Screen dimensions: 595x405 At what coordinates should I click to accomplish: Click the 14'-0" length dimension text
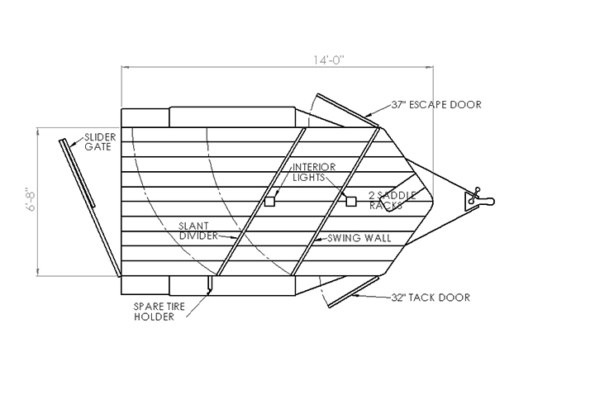click(x=329, y=60)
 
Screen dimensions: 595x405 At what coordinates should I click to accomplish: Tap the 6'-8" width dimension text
click(x=31, y=199)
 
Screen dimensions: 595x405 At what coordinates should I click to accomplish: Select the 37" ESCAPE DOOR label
click(x=436, y=105)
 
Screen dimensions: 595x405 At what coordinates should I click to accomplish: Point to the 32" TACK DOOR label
click(x=431, y=298)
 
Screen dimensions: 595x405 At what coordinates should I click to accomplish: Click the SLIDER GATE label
click(x=100, y=142)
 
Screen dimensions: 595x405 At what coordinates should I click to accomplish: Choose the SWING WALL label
click(x=359, y=238)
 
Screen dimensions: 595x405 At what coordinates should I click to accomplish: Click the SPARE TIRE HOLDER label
click(x=159, y=312)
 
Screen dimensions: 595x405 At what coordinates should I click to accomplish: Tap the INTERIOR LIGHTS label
click(x=314, y=172)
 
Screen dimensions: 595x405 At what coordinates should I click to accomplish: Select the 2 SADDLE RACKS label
click(x=393, y=200)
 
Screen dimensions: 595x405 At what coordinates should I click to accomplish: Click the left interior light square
click(x=269, y=201)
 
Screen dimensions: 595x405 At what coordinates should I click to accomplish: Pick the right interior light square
click(x=351, y=201)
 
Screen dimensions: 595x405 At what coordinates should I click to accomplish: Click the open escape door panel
click(x=348, y=110)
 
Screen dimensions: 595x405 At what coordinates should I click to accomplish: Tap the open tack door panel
click(x=354, y=292)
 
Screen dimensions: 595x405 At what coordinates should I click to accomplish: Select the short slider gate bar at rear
click(x=77, y=173)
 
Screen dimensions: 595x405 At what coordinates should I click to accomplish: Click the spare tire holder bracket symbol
click(x=209, y=284)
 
